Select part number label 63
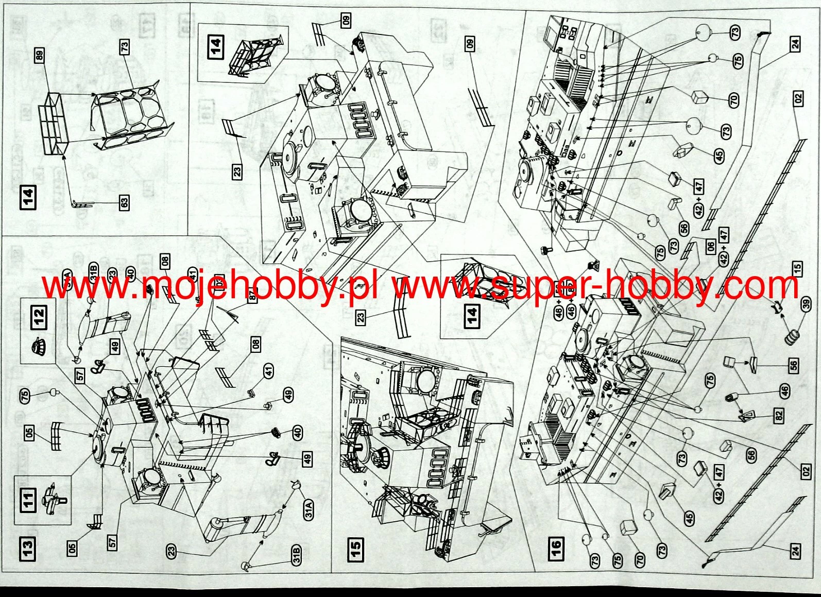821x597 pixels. (124, 203)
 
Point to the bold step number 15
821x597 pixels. (355, 549)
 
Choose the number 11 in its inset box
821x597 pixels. (29, 500)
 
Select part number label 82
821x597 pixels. (778, 415)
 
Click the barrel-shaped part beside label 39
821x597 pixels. (792, 338)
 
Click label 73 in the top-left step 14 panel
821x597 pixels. (124, 47)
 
